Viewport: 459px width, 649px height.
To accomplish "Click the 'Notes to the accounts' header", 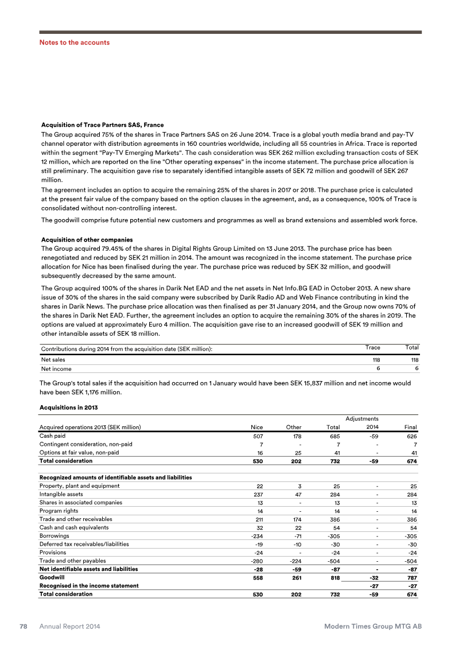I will [74, 42].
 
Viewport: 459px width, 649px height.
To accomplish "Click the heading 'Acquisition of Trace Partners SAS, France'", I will [103, 125].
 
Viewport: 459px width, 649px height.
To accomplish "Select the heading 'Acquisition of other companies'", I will [87, 239].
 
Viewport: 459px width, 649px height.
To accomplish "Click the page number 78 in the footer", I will [25, 627].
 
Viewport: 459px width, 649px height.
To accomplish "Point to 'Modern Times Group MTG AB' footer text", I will [373, 627].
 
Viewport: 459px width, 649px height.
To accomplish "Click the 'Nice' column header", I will [256, 427].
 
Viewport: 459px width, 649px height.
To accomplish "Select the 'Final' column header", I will [410, 427].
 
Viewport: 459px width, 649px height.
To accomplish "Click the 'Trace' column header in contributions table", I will [373, 348].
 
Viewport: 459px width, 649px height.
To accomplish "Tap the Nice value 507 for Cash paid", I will [258, 436].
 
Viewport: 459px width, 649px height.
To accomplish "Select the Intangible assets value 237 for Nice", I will [258, 494].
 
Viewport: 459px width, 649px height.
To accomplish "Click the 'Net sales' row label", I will [52, 359].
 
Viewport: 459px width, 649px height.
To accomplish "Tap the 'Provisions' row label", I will [52, 553].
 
